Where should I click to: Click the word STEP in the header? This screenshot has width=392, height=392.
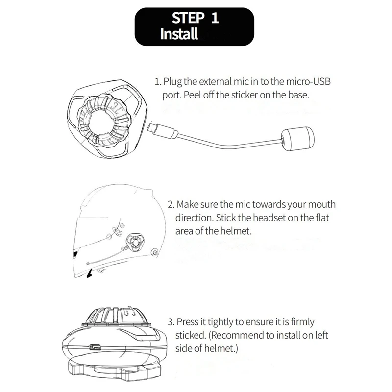(188, 18)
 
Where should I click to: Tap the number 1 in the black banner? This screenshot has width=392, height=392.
(215, 18)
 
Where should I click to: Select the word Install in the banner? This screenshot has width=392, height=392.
(179, 34)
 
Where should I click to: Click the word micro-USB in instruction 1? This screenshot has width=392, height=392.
(308, 81)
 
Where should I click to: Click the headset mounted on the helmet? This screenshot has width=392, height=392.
(135, 242)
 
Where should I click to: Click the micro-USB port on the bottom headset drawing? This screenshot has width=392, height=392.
(95, 346)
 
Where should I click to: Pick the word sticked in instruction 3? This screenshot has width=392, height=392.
(190, 335)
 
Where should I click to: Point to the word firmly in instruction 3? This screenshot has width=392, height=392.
(302, 322)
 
